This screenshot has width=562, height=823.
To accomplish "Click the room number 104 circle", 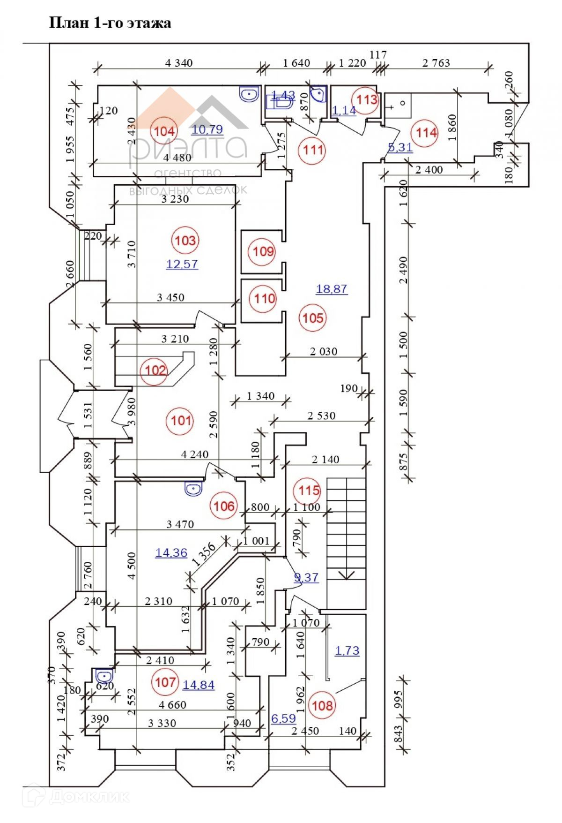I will (164, 131).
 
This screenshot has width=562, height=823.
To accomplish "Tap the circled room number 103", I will (185, 241).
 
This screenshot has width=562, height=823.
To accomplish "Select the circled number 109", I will (263, 251).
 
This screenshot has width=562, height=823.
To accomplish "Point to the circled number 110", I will (265, 298).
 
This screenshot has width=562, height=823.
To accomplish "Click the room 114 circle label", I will (426, 133).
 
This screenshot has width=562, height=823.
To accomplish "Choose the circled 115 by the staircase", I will (309, 491).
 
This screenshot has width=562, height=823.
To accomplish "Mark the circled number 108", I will (322, 705).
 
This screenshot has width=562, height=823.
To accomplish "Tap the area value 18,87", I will (332, 289).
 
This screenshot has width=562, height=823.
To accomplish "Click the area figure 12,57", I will (182, 264).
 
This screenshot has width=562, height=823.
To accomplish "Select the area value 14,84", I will (199, 685).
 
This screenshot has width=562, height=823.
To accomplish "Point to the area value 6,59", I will (283, 718).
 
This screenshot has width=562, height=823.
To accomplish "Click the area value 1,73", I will (347, 650).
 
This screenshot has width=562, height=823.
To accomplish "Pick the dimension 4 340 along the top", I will (179, 63).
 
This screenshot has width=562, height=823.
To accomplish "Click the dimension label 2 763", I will (436, 63).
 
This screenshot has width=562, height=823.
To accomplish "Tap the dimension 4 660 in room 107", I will (172, 705).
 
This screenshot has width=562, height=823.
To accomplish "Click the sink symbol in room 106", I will (193, 489).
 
